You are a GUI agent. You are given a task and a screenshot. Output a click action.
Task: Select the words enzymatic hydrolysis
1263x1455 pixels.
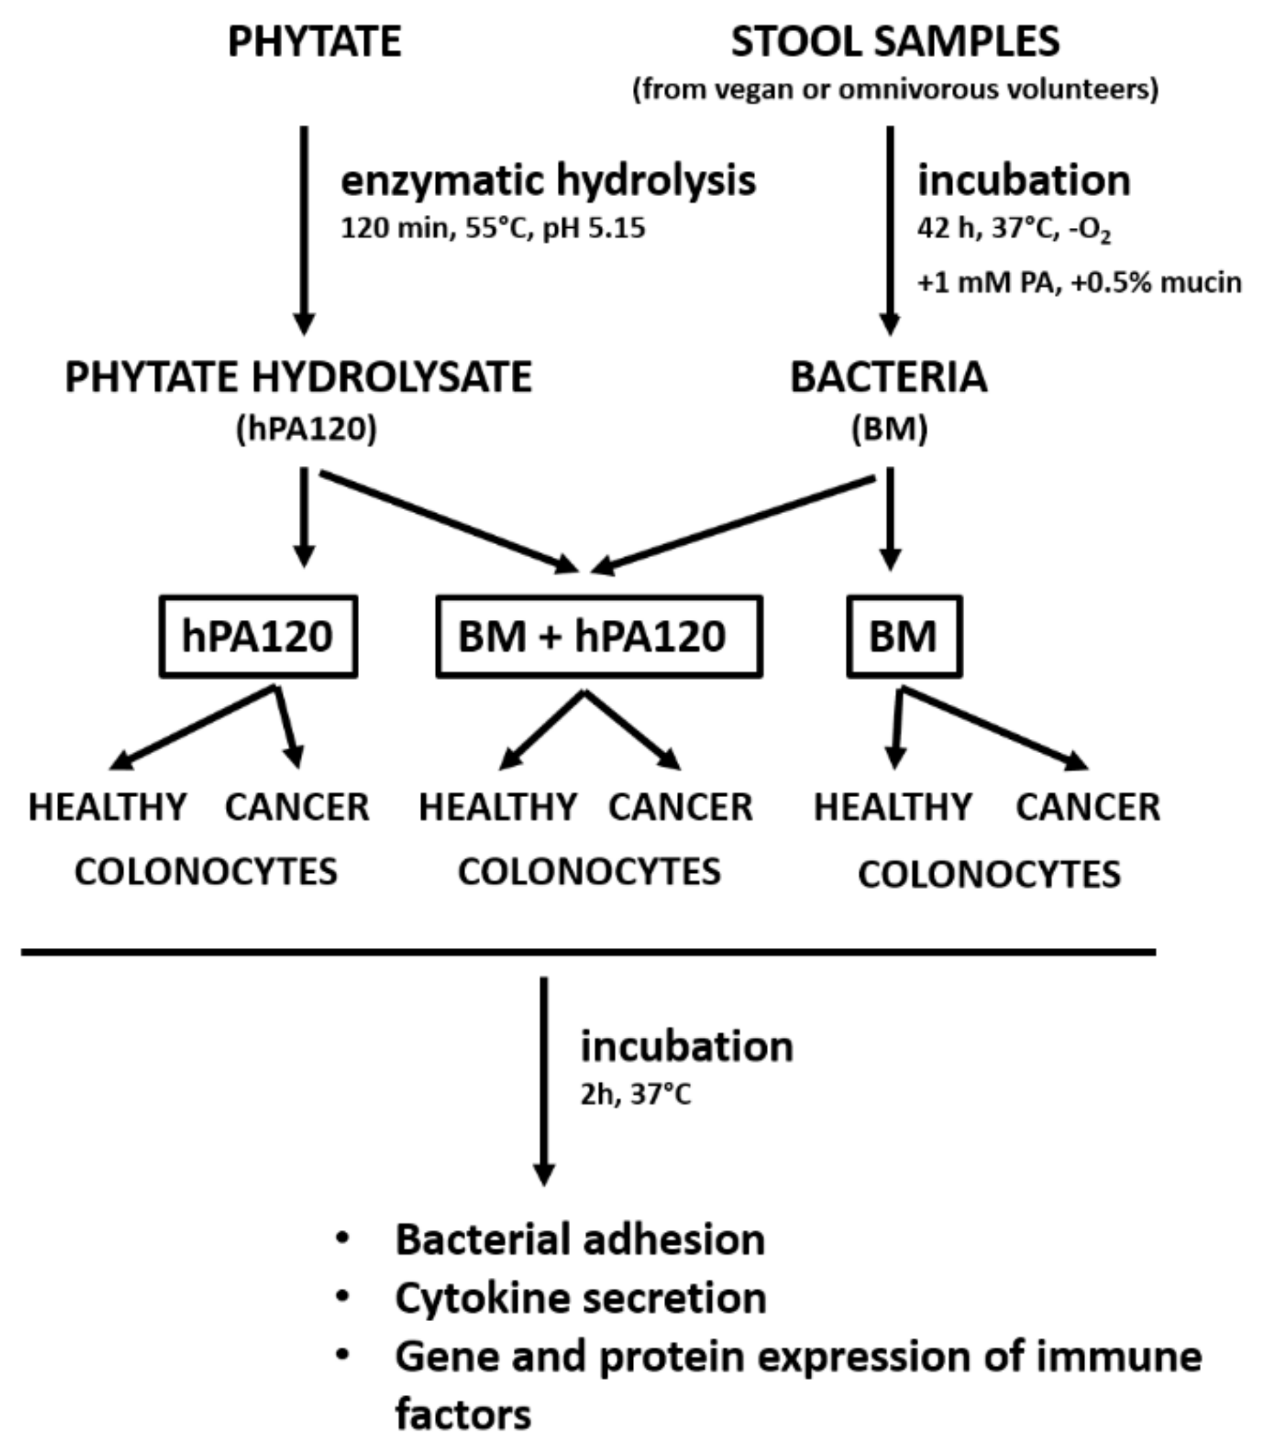pyautogui.click(x=548, y=181)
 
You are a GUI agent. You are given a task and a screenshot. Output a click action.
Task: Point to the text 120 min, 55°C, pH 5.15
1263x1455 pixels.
pyautogui.click(x=493, y=229)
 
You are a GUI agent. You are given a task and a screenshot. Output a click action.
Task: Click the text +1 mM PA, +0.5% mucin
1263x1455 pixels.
pyautogui.click(x=1078, y=283)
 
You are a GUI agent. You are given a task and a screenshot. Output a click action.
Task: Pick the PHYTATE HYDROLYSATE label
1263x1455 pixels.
pyautogui.click(x=298, y=377)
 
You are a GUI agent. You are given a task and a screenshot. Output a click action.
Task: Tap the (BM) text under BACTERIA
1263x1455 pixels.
pyautogui.click(x=890, y=429)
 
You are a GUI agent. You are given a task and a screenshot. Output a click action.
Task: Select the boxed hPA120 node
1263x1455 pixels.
pyautogui.click(x=258, y=636)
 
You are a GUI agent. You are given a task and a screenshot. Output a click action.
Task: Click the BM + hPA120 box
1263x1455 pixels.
pyautogui.click(x=598, y=636)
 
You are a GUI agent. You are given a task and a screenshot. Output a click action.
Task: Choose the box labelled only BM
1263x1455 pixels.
pyautogui.click(x=903, y=636)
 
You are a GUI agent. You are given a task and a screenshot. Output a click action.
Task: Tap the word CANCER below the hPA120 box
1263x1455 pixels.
pyautogui.click(x=297, y=807)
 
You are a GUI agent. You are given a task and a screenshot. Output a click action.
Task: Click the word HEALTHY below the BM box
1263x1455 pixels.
pyautogui.click(x=893, y=807)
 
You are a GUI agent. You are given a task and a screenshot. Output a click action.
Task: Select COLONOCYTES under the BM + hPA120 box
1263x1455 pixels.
pyautogui.click(x=589, y=872)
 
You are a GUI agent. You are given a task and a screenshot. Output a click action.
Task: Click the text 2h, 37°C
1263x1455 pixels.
pyautogui.click(x=635, y=1094)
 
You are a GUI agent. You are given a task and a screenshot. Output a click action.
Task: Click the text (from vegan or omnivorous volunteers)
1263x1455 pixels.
pyautogui.click(x=895, y=89)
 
